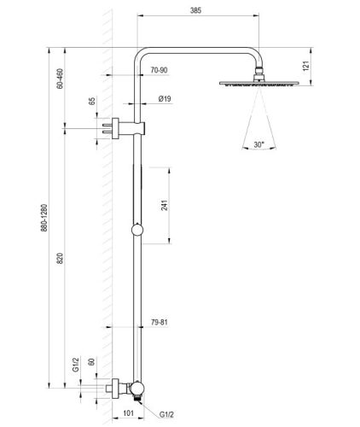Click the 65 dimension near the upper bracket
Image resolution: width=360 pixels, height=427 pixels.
point(91,104)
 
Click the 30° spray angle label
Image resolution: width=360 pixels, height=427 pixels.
point(258,145)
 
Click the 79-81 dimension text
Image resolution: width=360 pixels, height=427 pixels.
point(159,323)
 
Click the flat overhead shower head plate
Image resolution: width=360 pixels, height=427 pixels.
point(258,83)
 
